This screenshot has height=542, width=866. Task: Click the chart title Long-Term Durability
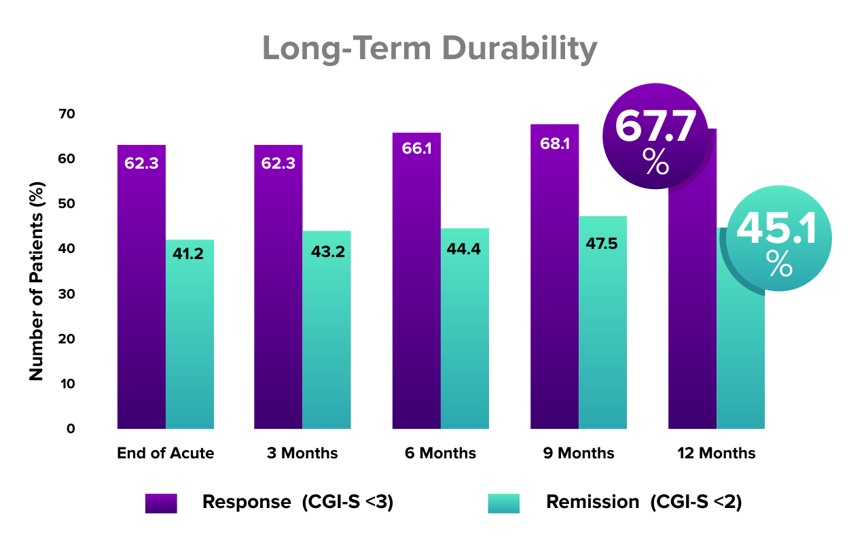[429, 49]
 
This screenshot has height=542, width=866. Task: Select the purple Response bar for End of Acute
[141, 292]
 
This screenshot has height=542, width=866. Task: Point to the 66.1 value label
[416, 148]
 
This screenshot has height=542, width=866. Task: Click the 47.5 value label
[602, 243]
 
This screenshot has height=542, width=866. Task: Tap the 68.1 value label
[554, 145]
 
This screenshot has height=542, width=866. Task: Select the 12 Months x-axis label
[717, 453]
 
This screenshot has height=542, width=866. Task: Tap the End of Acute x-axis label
[165, 453]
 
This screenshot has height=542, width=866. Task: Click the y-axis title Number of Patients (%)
[37, 281]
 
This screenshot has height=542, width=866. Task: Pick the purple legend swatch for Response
[161, 503]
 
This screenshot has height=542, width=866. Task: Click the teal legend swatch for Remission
[503, 503]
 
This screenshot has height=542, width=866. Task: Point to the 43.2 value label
[327, 252]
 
